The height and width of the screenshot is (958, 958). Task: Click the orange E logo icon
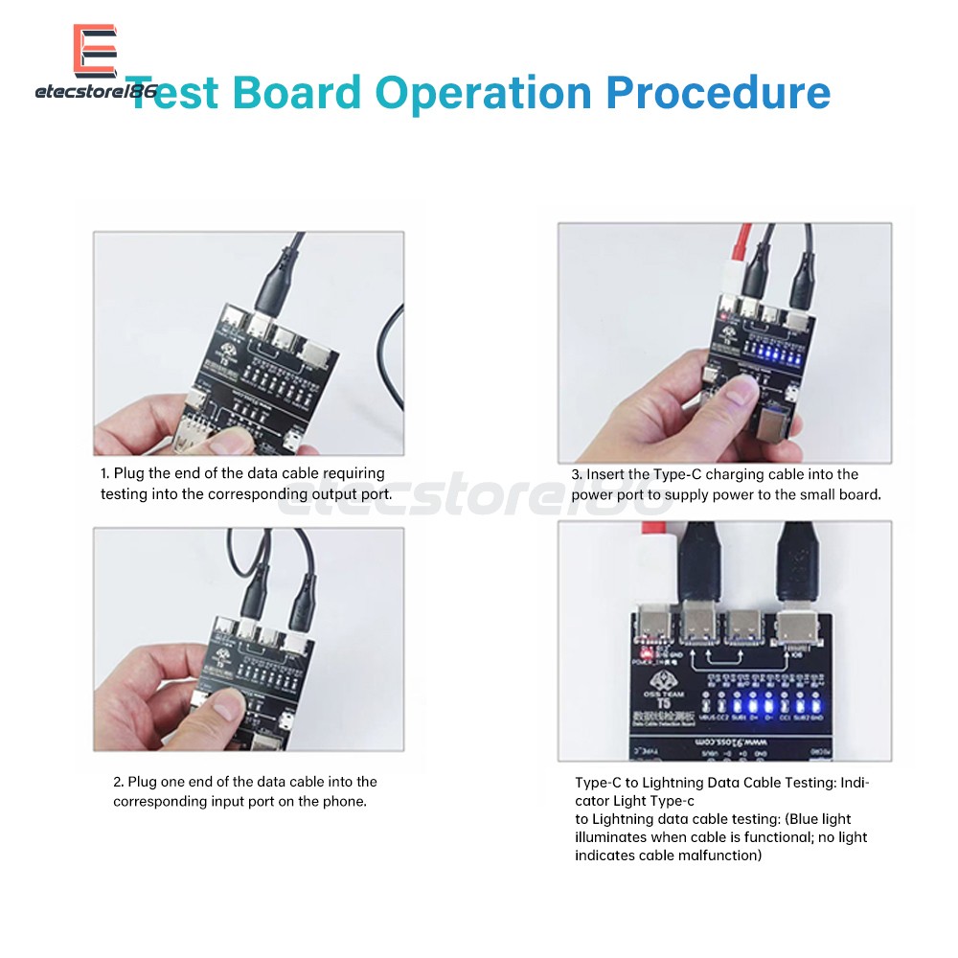(95, 50)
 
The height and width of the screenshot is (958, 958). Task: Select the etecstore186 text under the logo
(95, 92)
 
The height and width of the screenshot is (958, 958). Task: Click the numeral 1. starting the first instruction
(105, 473)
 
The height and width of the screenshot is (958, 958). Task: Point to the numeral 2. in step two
(119, 783)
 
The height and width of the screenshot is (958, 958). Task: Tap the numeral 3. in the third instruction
(578, 474)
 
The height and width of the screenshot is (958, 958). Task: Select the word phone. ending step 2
(345, 801)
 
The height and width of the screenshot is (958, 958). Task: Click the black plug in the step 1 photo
(279, 283)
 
